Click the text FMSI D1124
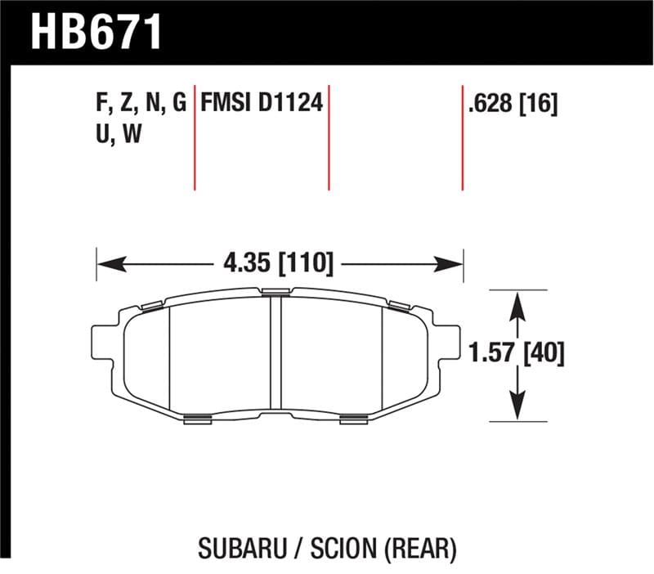point(262,104)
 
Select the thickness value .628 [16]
point(513,105)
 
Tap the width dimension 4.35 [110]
point(279,263)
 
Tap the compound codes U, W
point(119,134)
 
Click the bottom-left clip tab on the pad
point(198,419)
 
